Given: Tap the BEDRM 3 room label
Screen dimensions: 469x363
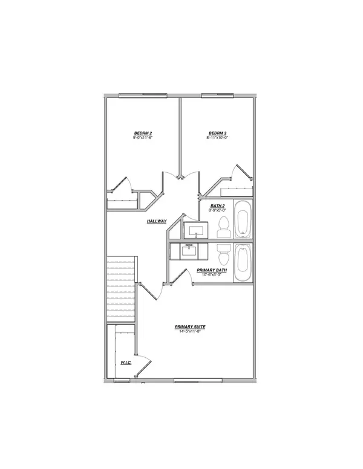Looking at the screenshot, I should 217,133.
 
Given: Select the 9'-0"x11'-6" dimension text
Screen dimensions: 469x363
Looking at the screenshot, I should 142,138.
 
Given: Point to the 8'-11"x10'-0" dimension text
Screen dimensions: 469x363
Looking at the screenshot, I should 217,138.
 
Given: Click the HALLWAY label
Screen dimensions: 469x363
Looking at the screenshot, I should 157,221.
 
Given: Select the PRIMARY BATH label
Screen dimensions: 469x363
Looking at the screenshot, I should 211,270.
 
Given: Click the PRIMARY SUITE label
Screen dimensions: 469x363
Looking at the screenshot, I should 189,326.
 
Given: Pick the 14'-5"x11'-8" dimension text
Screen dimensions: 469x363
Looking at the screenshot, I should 189,332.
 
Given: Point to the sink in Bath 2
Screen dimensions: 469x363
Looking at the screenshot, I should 195,230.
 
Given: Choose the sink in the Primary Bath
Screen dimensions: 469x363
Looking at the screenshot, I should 188,250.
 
